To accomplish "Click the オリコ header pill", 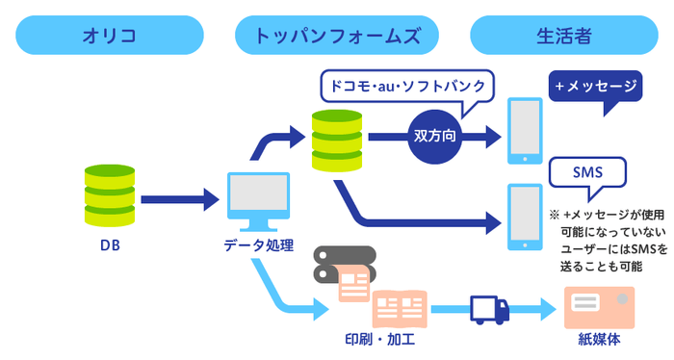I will click(x=109, y=36).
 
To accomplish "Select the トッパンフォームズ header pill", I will click(x=337, y=36).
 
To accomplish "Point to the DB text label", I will click(x=109, y=245).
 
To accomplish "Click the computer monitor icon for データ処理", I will click(x=258, y=201).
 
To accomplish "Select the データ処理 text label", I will click(x=258, y=245).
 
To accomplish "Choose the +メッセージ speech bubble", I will click(x=596, y=88).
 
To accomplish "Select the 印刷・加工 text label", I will click(x=379, y=339).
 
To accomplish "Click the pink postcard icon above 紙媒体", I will click(x=598, y=305).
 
